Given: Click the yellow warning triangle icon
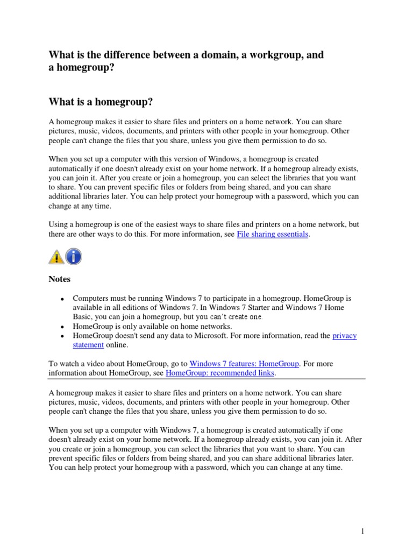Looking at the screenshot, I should click(x=56, y=257).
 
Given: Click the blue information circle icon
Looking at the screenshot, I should click(x=73, y=257).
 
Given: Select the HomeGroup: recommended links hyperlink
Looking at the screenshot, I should click(x=220, y=373).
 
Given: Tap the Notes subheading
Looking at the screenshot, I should click(x=60, y=279).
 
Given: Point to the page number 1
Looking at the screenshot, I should click(x=363, y=532).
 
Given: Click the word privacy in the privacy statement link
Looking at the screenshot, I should click(x=344, y=336).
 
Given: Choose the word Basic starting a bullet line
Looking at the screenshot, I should click(x=83, y=317).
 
